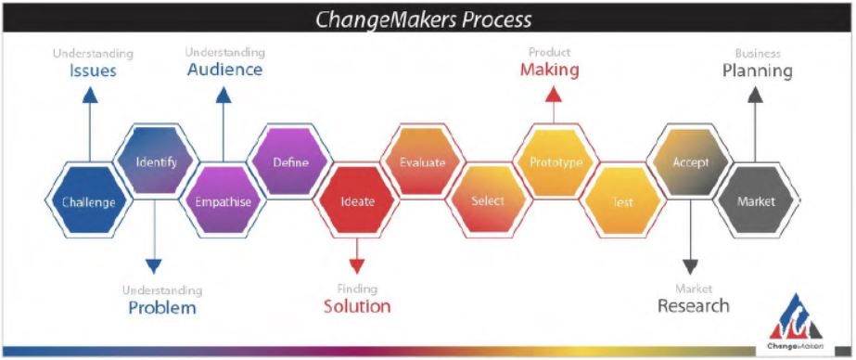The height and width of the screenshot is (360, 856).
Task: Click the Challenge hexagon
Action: coord(89,201)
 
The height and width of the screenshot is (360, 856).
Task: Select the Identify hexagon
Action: coord(156,161)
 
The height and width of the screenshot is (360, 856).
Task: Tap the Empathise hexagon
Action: coord(223,201)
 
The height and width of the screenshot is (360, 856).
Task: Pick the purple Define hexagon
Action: coord(290,161)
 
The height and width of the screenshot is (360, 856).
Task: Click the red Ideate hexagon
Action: coord(357,201)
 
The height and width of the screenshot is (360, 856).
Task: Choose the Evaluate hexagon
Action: coord(423,161)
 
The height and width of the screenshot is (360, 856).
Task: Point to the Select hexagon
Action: coord(488,200)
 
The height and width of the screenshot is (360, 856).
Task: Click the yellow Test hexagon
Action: coord(622,201)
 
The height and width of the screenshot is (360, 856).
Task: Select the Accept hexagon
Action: coord(691,161)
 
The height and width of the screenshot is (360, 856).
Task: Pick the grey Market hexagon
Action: coord(756,201)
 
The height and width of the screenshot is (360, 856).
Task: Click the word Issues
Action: coord(93,71)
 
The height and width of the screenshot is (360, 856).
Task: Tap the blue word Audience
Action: coord(225,70)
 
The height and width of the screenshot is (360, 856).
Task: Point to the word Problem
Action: coord(162,307)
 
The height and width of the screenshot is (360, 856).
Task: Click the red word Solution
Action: coord(357,306)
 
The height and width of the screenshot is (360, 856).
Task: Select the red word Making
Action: coord(549,70)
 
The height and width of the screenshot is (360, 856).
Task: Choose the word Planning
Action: coord(757,71)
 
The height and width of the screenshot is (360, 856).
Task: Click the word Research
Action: coord(694,305)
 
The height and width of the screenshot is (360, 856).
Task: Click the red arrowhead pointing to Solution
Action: coord(356,266)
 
